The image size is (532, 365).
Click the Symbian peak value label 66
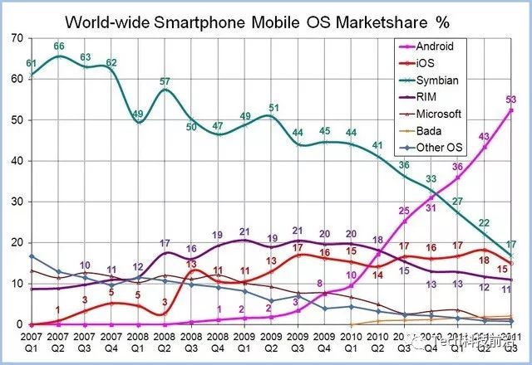(58, 46)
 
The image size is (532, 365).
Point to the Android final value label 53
(510, 100)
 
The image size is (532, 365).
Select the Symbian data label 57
(165, 81)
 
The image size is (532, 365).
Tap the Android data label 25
(405, 212)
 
